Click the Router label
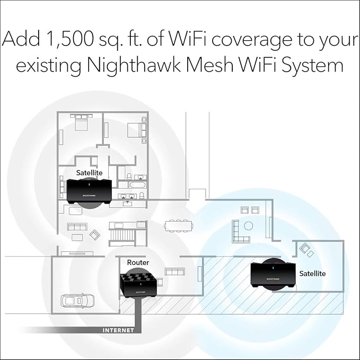pyautogui.click(x=138, y=262)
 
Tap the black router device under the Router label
pyautogui.click(x=140, y=284)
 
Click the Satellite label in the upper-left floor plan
pyautogui.click(x=89, y=172)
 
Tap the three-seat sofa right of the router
pyautogui.click(x=174, y=272)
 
